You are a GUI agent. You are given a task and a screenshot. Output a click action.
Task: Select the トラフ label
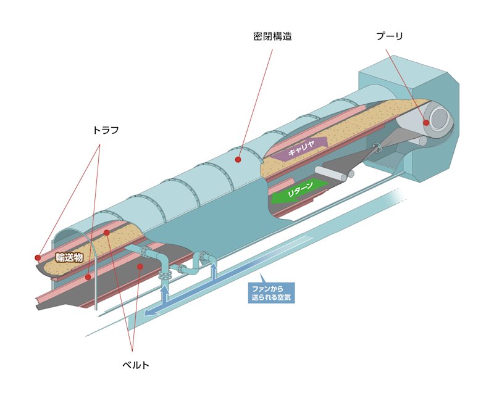coord(105,130)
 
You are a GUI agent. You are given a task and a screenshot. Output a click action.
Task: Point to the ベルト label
coord(135,365)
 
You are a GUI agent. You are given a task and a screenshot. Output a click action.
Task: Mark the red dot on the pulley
coord(426,123)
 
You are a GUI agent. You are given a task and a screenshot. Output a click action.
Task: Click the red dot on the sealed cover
coord(237,159)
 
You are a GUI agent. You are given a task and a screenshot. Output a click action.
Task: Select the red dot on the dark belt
coord(140,267)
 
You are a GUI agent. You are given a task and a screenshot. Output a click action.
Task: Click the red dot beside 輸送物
coord(38,258)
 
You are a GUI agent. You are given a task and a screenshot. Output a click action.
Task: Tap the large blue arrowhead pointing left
coord(151,313)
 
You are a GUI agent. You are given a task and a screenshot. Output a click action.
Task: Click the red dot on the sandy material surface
coord(107,233)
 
